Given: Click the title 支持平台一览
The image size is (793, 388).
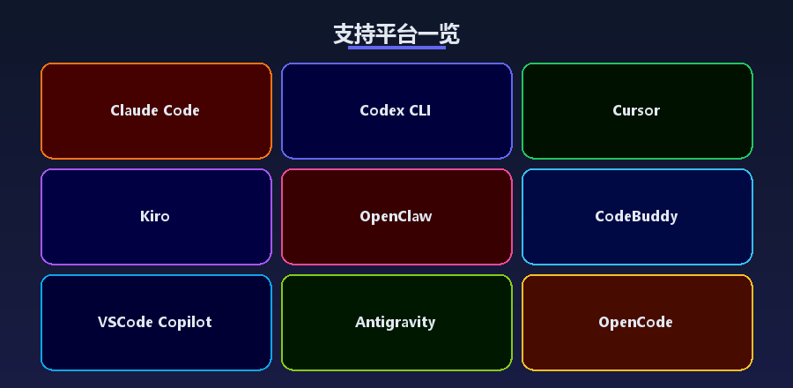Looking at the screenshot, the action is coord(396,34).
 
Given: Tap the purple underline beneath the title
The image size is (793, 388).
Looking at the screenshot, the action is coord(396,48).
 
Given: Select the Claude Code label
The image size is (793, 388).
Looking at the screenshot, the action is coord(155,110).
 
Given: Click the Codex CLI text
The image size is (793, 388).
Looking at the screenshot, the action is coord(396,110).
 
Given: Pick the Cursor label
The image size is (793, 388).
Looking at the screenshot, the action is coord(636,110).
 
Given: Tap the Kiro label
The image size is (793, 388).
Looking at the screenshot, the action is coord(155,217).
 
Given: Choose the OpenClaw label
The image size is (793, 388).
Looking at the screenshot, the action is coord(396,217).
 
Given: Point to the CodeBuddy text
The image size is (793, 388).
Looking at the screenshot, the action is coord(636,217).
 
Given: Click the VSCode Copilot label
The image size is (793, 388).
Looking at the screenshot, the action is coord(155,322).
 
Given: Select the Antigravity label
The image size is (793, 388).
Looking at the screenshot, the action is coord(396,322).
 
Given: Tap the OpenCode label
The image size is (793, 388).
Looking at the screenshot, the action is coord(635,322).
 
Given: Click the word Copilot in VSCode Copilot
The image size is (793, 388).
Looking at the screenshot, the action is coord(185,322).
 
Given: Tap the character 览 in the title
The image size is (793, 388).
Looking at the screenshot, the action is coord(449,34).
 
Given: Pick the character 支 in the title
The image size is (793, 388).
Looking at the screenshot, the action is coord(344,34).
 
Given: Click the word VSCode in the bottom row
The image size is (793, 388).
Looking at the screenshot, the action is coord(125,322).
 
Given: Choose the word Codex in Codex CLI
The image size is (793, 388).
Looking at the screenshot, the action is coord(382,110).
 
